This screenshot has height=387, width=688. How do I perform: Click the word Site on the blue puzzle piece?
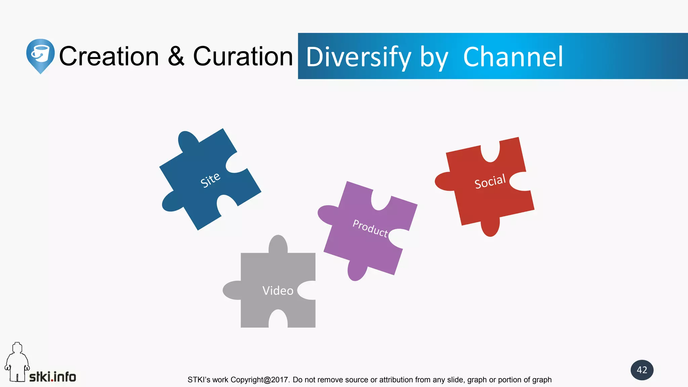pyautogui.click(x=210, y=180)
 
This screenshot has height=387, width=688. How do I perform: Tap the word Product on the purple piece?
pyautogui.click(x=370, y=228)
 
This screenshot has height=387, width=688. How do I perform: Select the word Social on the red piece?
pyautogui.click(x=490, y=182)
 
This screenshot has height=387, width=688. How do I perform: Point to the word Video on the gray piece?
pyautogui.click(x=278, y=291)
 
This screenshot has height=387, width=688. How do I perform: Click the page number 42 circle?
pyautogui.click(x=642, y=370)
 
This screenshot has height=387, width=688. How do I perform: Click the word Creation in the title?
pyautogui.click(x=109, y=56)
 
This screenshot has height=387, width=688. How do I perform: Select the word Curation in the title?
pyautogui.click(x=243, y=56)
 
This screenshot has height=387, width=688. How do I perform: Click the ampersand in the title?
pyautogui.click(x=176, y=56)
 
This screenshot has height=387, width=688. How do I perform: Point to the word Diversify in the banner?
pyautogui.click(x=358, y=57)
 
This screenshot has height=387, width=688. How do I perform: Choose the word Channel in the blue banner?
pyautogui.click(x=513, y=57)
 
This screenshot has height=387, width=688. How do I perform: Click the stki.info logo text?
pyautogui.click(x=53, y=377)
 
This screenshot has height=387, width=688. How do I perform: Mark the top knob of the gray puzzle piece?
pyautogui.click(x=278, y=244)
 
